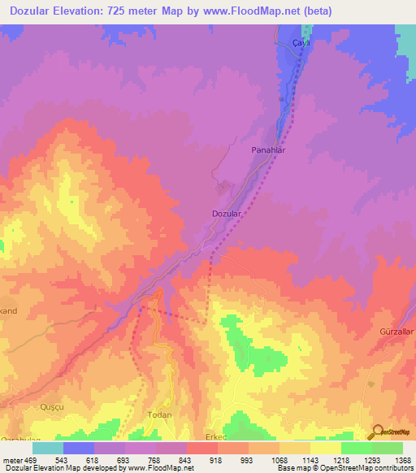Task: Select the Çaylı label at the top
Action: [x=302, y=42]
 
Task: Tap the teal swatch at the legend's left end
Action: [x=48, y=448]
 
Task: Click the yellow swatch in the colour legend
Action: [x=325, y=448]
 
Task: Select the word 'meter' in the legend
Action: [x=12, y=460]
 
